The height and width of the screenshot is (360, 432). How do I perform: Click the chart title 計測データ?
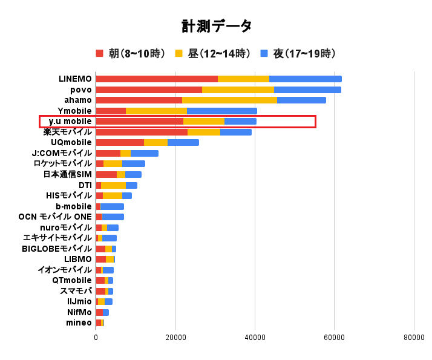tap(216, 26)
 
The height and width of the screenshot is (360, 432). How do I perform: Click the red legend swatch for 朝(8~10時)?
tap(100, 53)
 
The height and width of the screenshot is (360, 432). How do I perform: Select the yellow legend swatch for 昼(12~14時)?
tap(179, 53)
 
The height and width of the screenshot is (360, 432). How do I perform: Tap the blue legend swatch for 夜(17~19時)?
tap(264, 53)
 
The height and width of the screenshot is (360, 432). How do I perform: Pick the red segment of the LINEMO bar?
tap(156, 79)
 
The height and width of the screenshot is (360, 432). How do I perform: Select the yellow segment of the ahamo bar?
tap(229, 100)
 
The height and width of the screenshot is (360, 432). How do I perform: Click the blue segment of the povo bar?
tap(307, 90)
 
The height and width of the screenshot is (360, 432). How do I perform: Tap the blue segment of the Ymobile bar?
tap(221, 111)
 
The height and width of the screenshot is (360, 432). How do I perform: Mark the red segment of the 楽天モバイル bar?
tap(142, 132)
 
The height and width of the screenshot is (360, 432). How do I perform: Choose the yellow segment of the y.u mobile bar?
tap(203, 122)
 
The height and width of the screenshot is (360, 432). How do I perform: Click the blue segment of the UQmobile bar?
tap(183, 143)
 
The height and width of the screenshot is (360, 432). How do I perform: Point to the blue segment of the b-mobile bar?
tap(112, 206)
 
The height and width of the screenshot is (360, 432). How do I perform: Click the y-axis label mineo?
tap(79, 322)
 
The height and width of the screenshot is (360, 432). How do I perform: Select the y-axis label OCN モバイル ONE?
tap(55, 217)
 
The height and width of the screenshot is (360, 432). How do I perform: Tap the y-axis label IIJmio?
tap(79, 301)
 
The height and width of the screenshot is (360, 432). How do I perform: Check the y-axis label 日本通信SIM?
tap(67, 174)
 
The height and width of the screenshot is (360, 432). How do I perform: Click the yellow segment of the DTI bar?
tap(113, 185)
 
